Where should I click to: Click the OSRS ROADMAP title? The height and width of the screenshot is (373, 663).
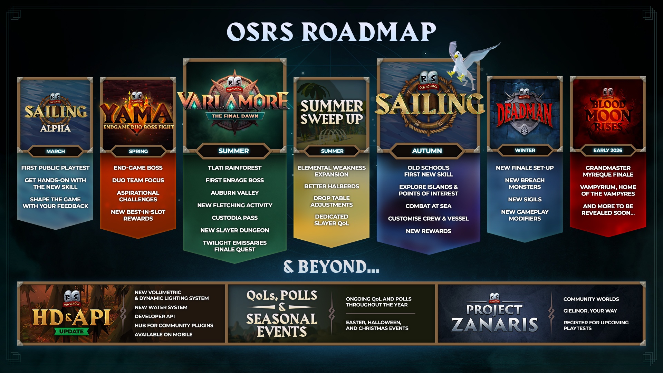[x=331, y=32]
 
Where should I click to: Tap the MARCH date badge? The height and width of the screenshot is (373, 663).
[x=56, y=151]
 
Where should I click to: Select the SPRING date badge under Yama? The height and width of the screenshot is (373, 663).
[x=138, y=151]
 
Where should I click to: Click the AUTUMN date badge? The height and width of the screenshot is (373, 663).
[x=427, y=151]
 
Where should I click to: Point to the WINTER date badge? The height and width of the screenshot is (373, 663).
[x=525, y=151]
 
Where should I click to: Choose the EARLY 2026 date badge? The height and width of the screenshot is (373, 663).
[x=608, y=151]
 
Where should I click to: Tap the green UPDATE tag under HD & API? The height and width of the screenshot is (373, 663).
[x=71, y=332]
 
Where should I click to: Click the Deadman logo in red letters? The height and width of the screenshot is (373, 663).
[x=524, y=114]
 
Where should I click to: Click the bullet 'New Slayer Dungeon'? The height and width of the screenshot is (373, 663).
[x=235, y=230]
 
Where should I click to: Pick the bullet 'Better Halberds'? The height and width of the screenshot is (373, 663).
[x=331, y=186]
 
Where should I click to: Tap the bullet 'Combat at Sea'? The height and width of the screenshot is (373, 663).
[x=428, y=206]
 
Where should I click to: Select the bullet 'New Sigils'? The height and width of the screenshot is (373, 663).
[x=525, y=200]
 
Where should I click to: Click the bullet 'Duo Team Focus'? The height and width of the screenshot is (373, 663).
[x=138, y=180]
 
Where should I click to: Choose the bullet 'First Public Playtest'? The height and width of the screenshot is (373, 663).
[x=55, y=168]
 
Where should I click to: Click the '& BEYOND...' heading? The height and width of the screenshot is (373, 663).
[x=331, y=267]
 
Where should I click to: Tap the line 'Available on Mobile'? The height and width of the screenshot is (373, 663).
[x=163, y=335]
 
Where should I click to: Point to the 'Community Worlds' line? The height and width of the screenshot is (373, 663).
[x=591, y=299]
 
